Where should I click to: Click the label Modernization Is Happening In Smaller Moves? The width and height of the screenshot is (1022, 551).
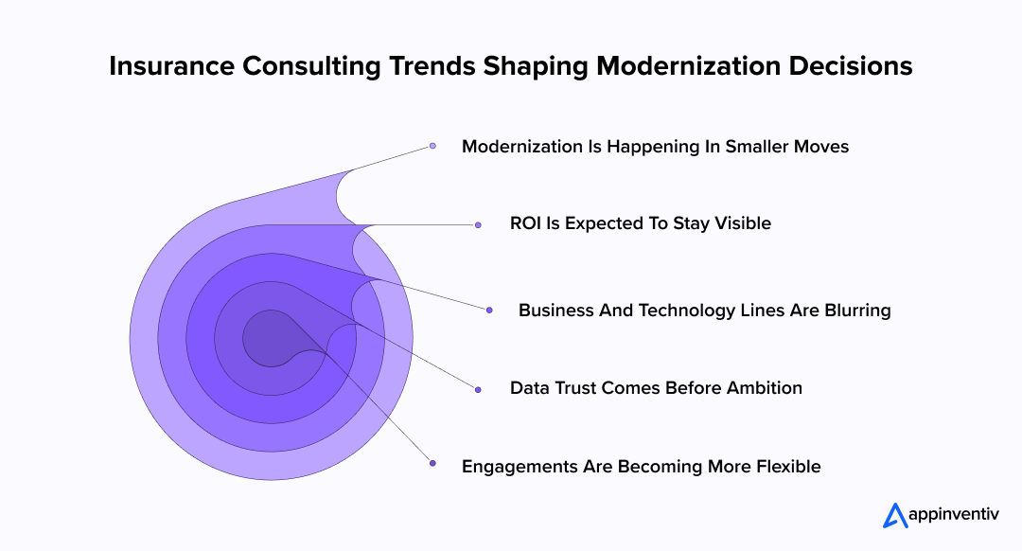point(655,147)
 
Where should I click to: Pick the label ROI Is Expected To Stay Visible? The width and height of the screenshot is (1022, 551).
point(640,224)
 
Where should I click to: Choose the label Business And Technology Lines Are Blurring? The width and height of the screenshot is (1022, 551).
point(704,311)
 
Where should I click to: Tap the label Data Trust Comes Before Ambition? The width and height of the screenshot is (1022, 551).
point(655,388)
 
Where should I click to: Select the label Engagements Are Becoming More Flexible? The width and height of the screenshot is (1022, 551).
point(641,467)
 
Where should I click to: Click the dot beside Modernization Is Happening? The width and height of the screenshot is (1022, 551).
point(432,146)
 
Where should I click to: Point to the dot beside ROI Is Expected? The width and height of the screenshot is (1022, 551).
point(478,225)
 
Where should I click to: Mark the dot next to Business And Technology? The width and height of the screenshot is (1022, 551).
point(489,310)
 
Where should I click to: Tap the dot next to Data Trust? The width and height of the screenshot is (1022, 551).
point(478,389)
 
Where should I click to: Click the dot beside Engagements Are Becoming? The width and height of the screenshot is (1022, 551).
point(432,463)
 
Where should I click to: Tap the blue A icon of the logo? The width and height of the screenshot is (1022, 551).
point(895,515)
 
